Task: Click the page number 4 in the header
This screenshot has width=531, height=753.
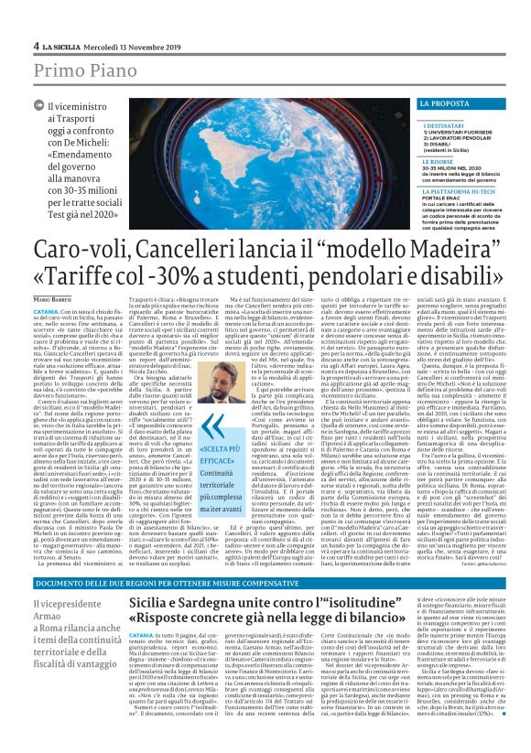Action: (36, 46)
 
